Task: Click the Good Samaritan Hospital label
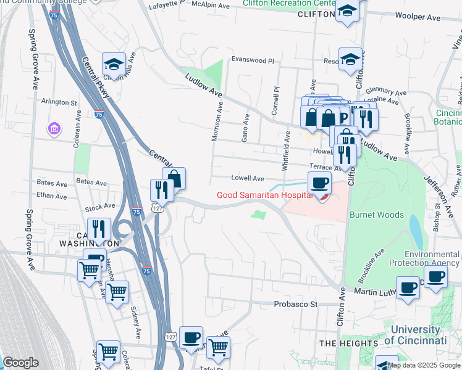pos(261,195)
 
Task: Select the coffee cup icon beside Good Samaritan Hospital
pos(319,183)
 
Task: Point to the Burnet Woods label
pos(377,215)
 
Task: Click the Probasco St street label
pos(295,304)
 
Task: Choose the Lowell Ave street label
pos(248,178)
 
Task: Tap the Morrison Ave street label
pos(217,121)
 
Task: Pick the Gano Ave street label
pos(246,128)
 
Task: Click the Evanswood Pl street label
pos(252,60)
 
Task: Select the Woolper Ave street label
pos(417,17)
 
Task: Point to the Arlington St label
pos(59,102)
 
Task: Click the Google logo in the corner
pos(20,362)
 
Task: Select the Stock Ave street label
pos(100,206)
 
